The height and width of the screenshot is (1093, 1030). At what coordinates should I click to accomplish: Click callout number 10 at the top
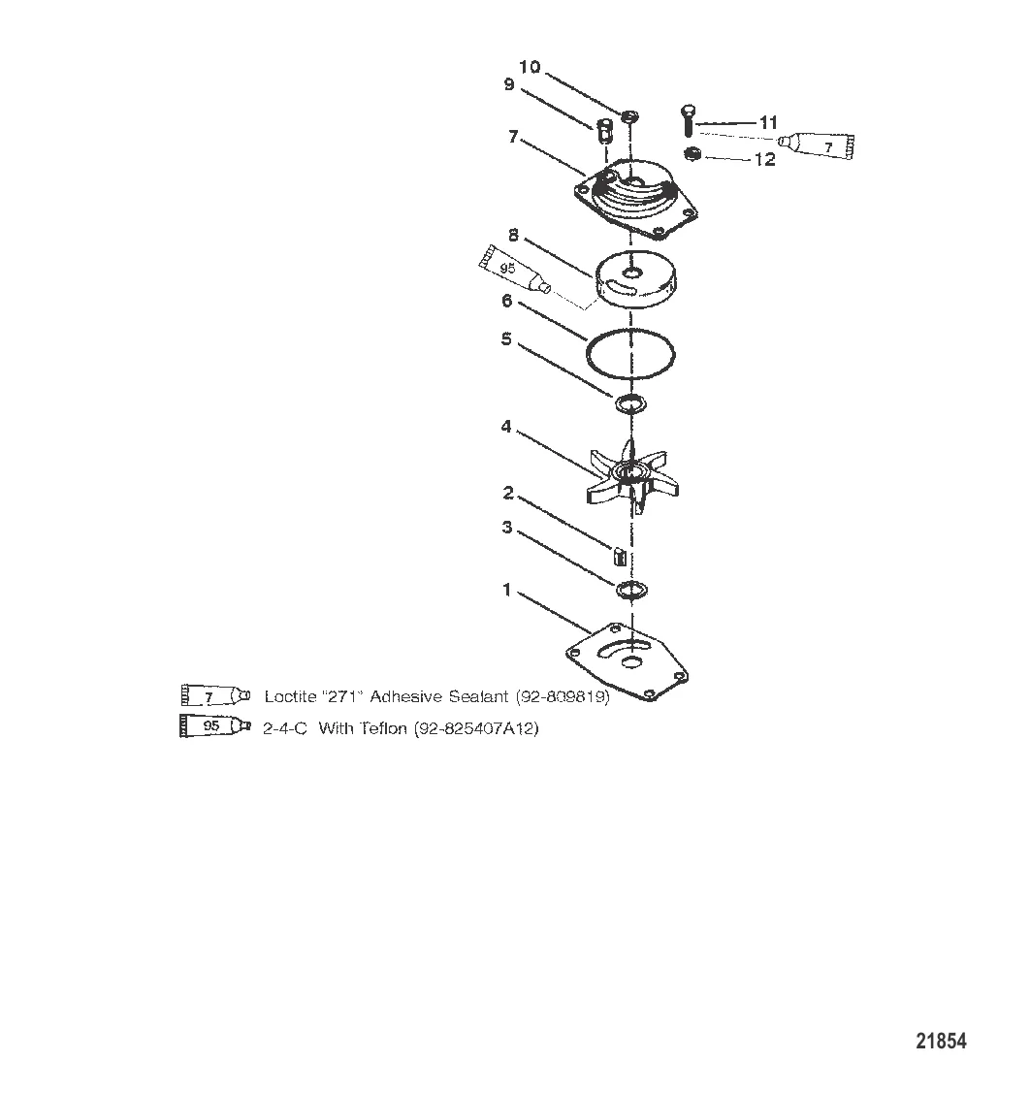(530, 67)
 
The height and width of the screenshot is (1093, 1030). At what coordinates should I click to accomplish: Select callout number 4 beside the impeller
(506, 427)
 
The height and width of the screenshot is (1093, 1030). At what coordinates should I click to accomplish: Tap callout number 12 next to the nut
(765, 160)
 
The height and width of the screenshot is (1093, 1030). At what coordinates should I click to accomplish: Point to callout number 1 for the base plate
(506, 589)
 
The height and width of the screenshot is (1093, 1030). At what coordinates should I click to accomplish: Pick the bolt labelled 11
(688, 121)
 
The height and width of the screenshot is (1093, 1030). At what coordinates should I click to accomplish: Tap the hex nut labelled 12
(692, 153)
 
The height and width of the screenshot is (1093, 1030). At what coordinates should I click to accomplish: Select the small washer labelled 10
(632, 116)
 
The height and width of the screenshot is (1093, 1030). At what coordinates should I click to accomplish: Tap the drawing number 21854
(941, 1042)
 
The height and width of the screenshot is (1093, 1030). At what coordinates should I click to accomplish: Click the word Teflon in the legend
(385, 728)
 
